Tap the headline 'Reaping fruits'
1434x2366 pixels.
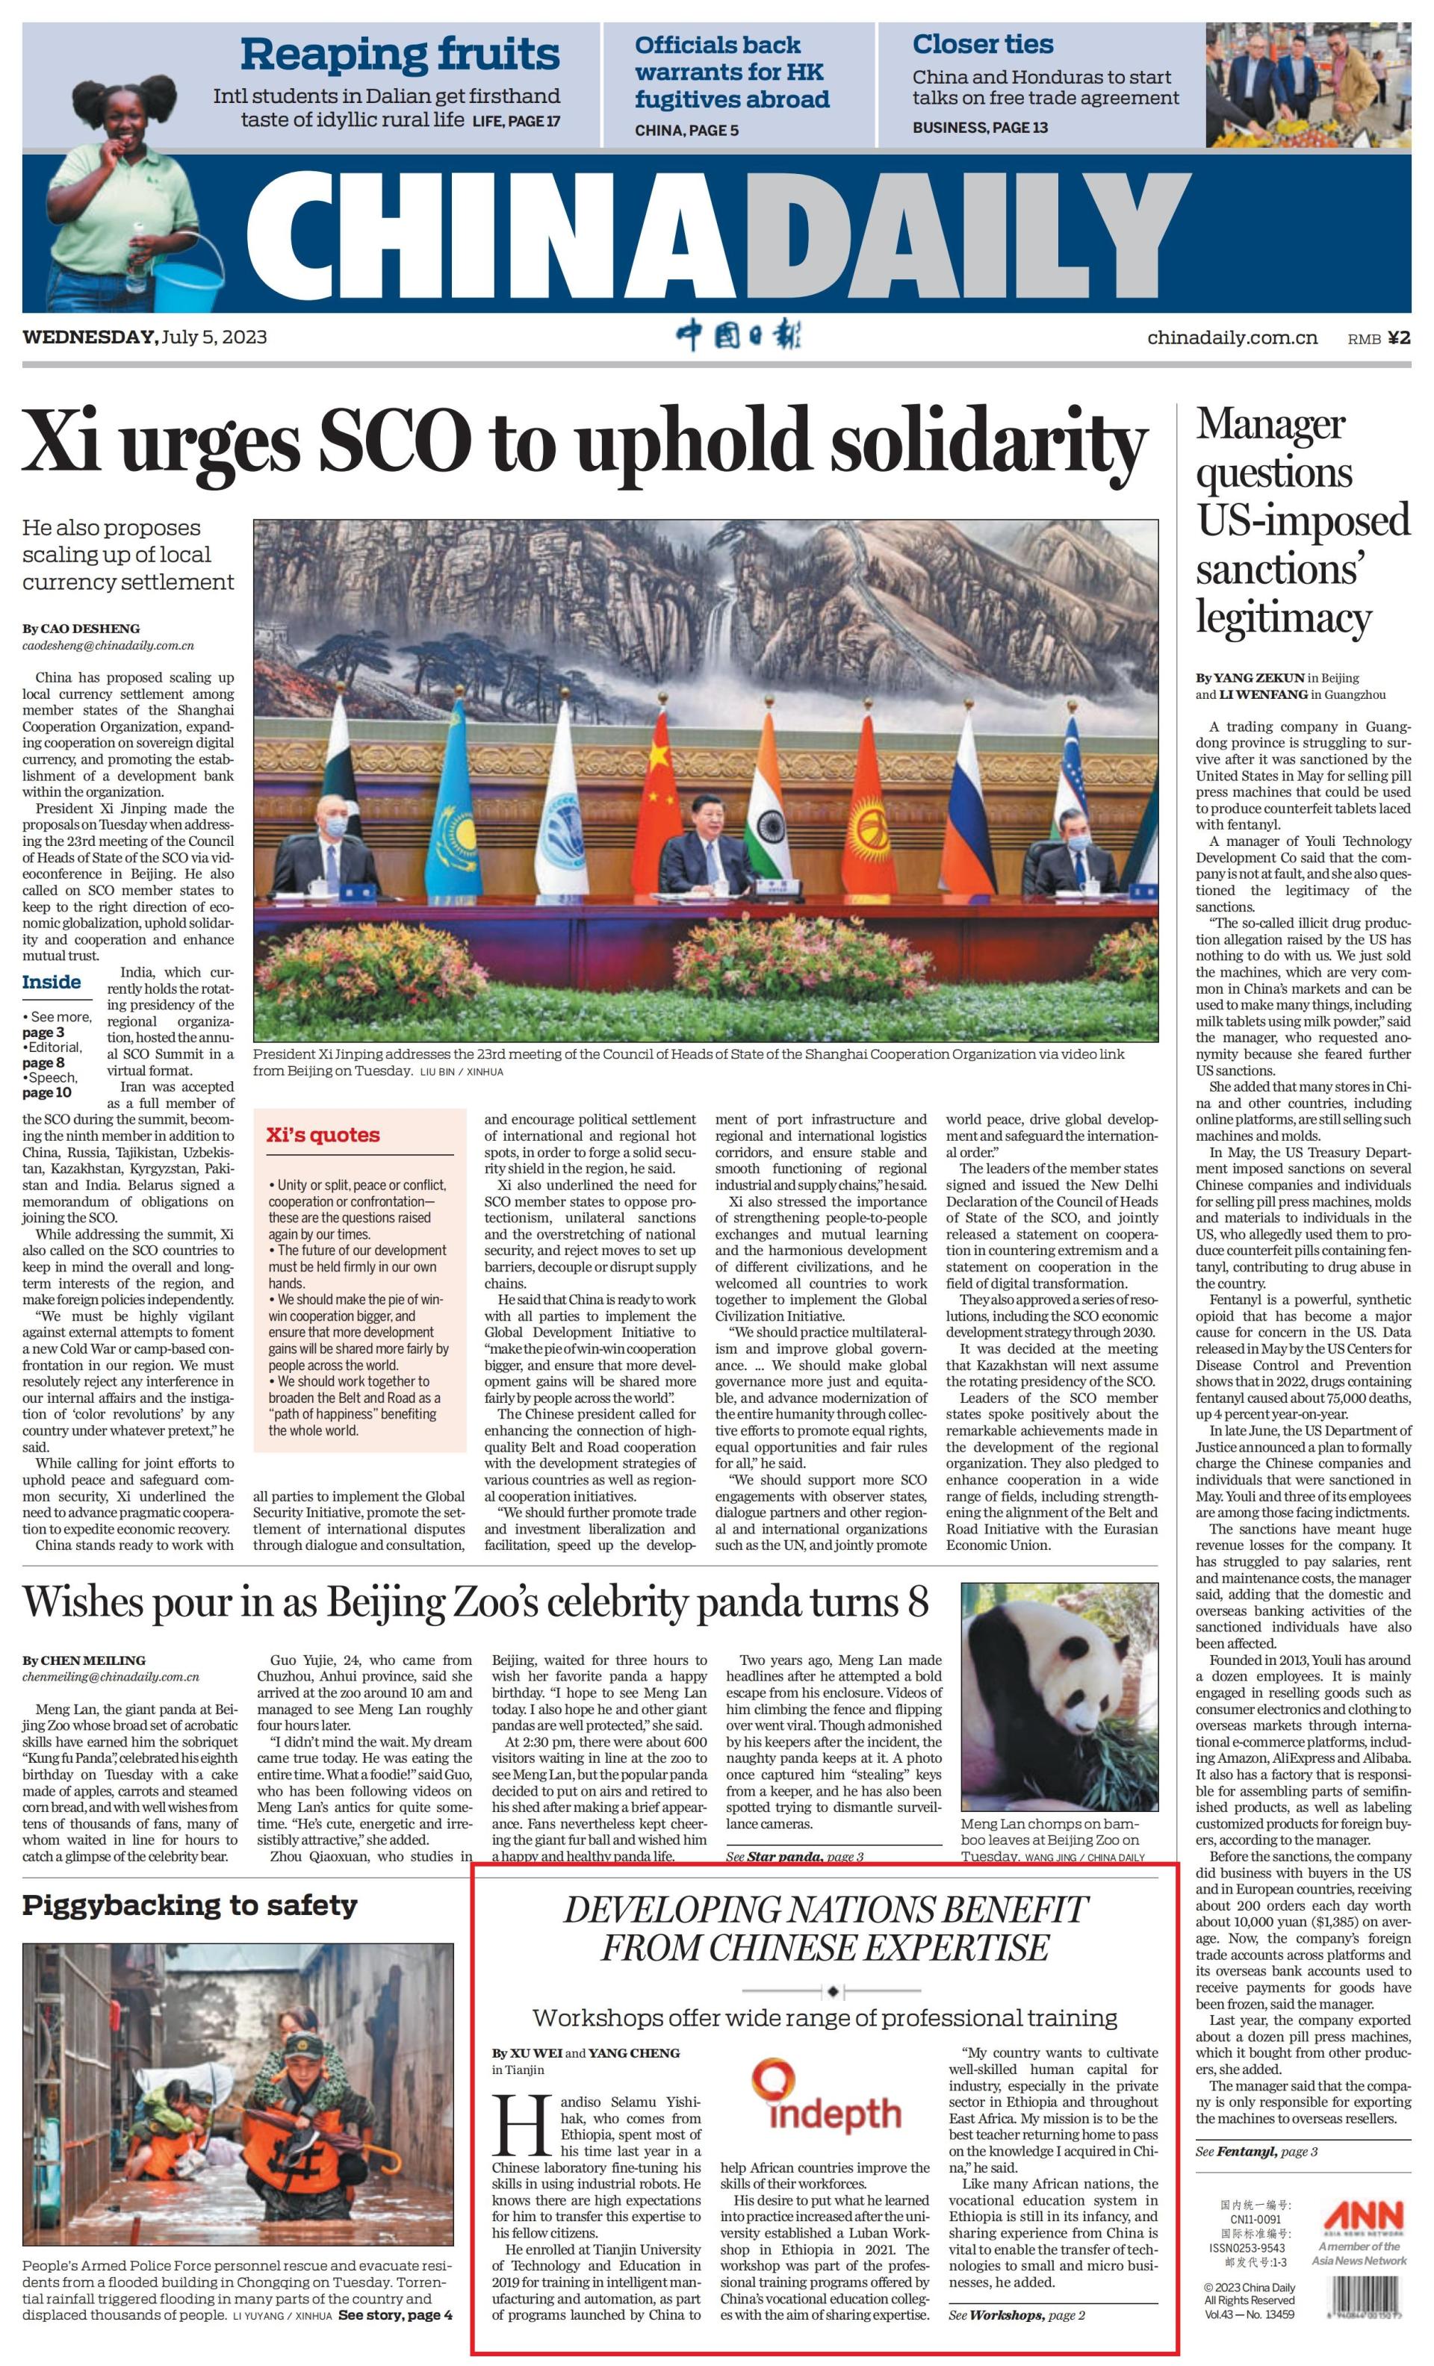click(399, 54)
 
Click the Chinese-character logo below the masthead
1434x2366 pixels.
click(738, 336)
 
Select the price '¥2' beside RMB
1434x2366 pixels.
click(1398, 338)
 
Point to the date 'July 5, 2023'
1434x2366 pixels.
click(214, 337)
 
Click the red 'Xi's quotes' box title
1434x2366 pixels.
click(323, 1135)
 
